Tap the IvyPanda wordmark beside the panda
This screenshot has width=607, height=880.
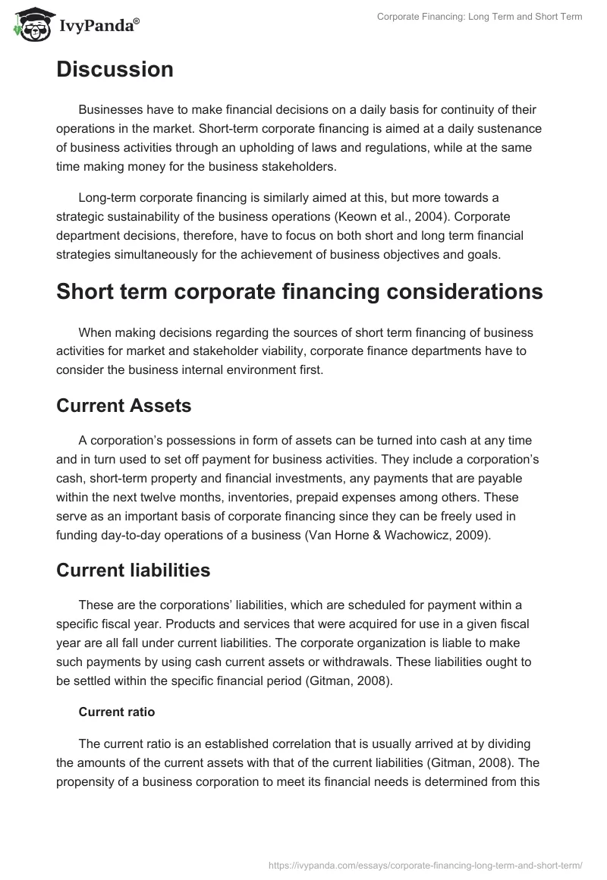[99, 25]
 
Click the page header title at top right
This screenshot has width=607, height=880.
[480, 17]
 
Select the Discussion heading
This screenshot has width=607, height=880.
[115, 70]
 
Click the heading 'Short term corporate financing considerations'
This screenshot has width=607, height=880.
[299, 292]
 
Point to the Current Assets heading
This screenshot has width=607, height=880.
[124, 406]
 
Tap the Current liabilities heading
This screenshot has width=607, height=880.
[133, 570]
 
